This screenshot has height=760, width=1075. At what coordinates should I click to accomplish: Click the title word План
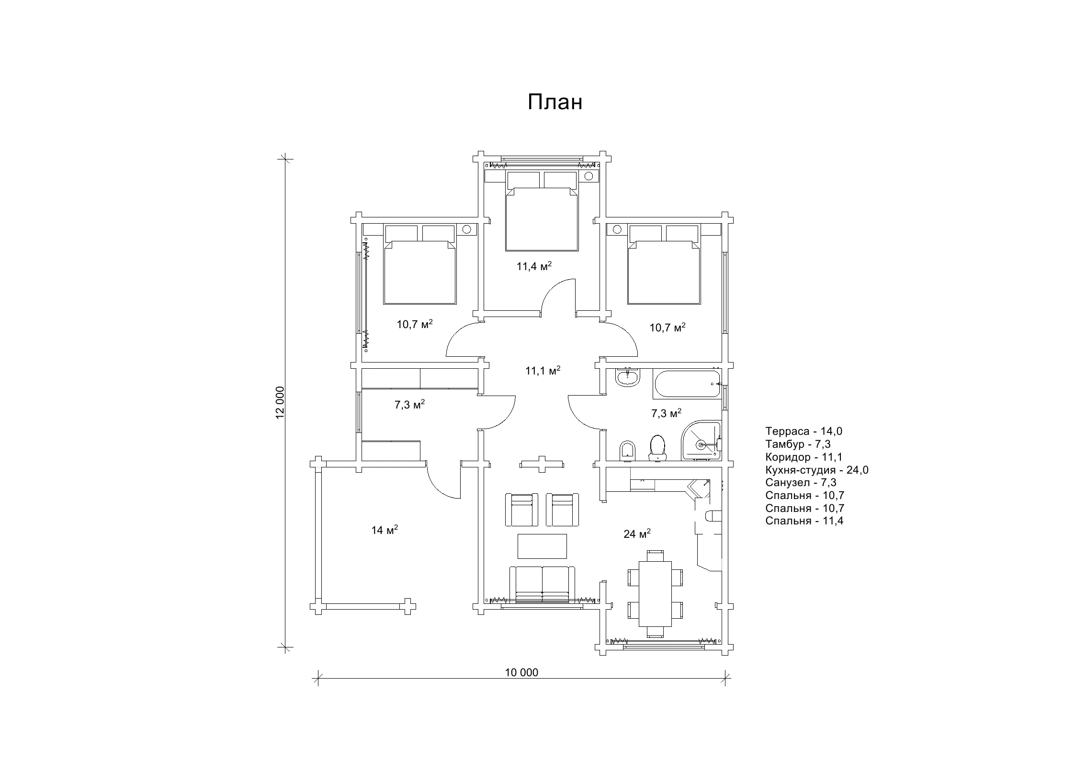pos(555,102)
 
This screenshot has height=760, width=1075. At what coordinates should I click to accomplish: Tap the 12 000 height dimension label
pos(280,402)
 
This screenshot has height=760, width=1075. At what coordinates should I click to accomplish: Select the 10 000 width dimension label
pos(521,672)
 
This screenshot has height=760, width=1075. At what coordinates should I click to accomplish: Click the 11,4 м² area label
pos(534,266)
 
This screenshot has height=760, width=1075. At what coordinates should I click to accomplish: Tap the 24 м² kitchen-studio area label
pos(637,533)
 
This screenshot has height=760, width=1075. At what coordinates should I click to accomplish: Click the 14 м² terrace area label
pos(385,530)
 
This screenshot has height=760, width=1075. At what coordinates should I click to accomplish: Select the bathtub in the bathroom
pos(686,384)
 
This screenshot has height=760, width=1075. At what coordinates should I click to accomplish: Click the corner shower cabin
pos(701,441)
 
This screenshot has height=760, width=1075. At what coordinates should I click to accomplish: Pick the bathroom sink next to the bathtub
pos(627,378)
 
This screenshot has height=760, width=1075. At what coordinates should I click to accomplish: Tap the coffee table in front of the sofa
pos(542,546)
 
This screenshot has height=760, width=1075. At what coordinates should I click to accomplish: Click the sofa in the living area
pos(542,584)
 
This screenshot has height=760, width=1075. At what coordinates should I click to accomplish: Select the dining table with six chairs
pos(655,594)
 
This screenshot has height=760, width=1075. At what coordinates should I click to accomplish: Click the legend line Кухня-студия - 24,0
pos(816,470)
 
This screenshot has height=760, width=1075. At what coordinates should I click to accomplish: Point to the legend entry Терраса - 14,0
pos(803,431)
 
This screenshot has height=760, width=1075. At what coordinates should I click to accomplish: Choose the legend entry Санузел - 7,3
pos(801,482)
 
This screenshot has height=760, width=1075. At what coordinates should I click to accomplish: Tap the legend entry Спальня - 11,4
pos(804,521)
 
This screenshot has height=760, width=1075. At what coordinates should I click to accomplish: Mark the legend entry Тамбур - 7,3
pos(798,444)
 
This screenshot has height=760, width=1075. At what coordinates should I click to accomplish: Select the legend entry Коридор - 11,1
pos(803,457)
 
